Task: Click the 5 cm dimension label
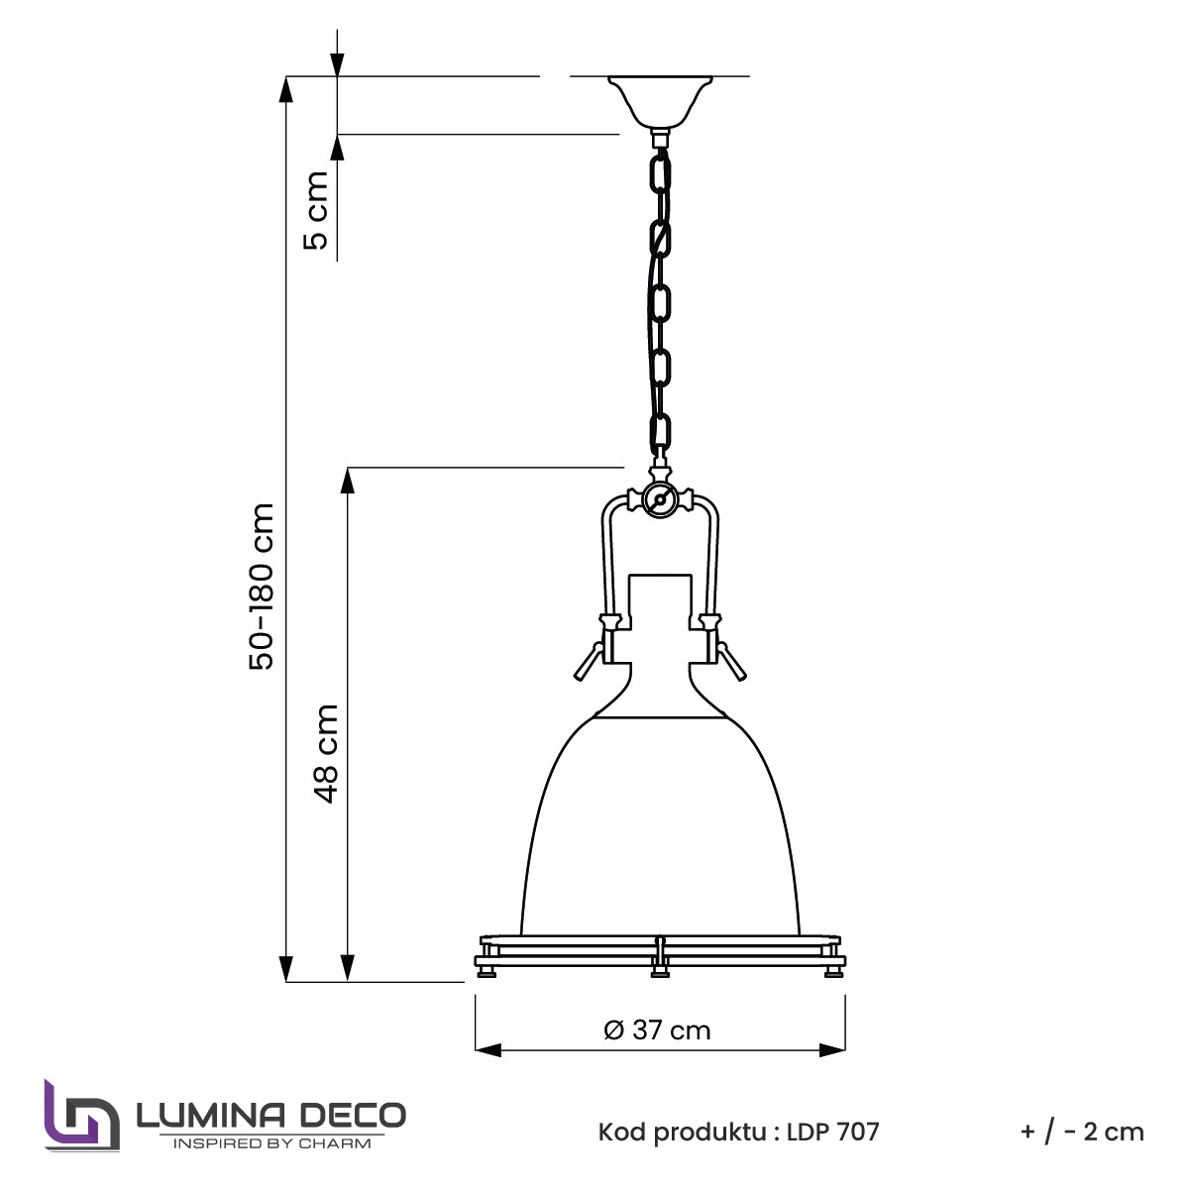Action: click(315, 211)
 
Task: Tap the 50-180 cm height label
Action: click(262, 587)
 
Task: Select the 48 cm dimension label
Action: click(325, 753)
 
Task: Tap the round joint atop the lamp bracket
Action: click(659, 499)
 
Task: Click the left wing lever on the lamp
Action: click(588, 661)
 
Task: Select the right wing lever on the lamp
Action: click(732, 661)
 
